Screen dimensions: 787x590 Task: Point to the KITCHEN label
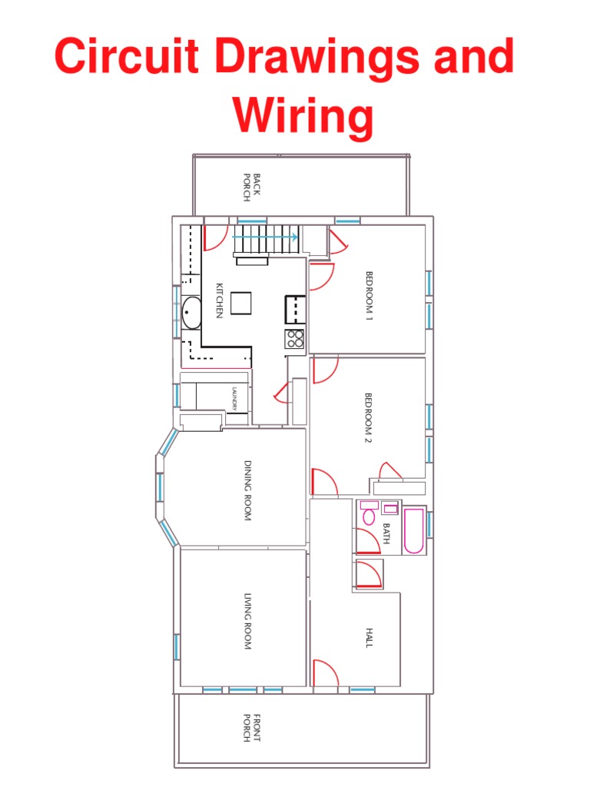[x=219, y=301]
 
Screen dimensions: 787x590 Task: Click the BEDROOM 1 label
[x=369, y=296]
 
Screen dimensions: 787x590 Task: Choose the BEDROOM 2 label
[x=368, y=418]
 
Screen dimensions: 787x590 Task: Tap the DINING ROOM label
[x=247, y=491]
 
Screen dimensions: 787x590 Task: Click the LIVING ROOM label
[x=247, y=622]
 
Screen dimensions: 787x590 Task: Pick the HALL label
[x=369, y=637]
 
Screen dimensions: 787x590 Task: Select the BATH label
[x=386, y=533]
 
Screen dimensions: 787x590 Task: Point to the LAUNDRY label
[x=236, y=397]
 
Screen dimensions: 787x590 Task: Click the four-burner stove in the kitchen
[x=294, y=338]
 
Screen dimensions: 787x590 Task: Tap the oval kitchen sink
[x=191, y=314]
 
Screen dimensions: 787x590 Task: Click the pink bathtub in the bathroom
[x=413, y=530]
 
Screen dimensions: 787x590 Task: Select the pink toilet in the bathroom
[x=369, y=515]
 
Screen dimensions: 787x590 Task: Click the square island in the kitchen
[x=241, y=303]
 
